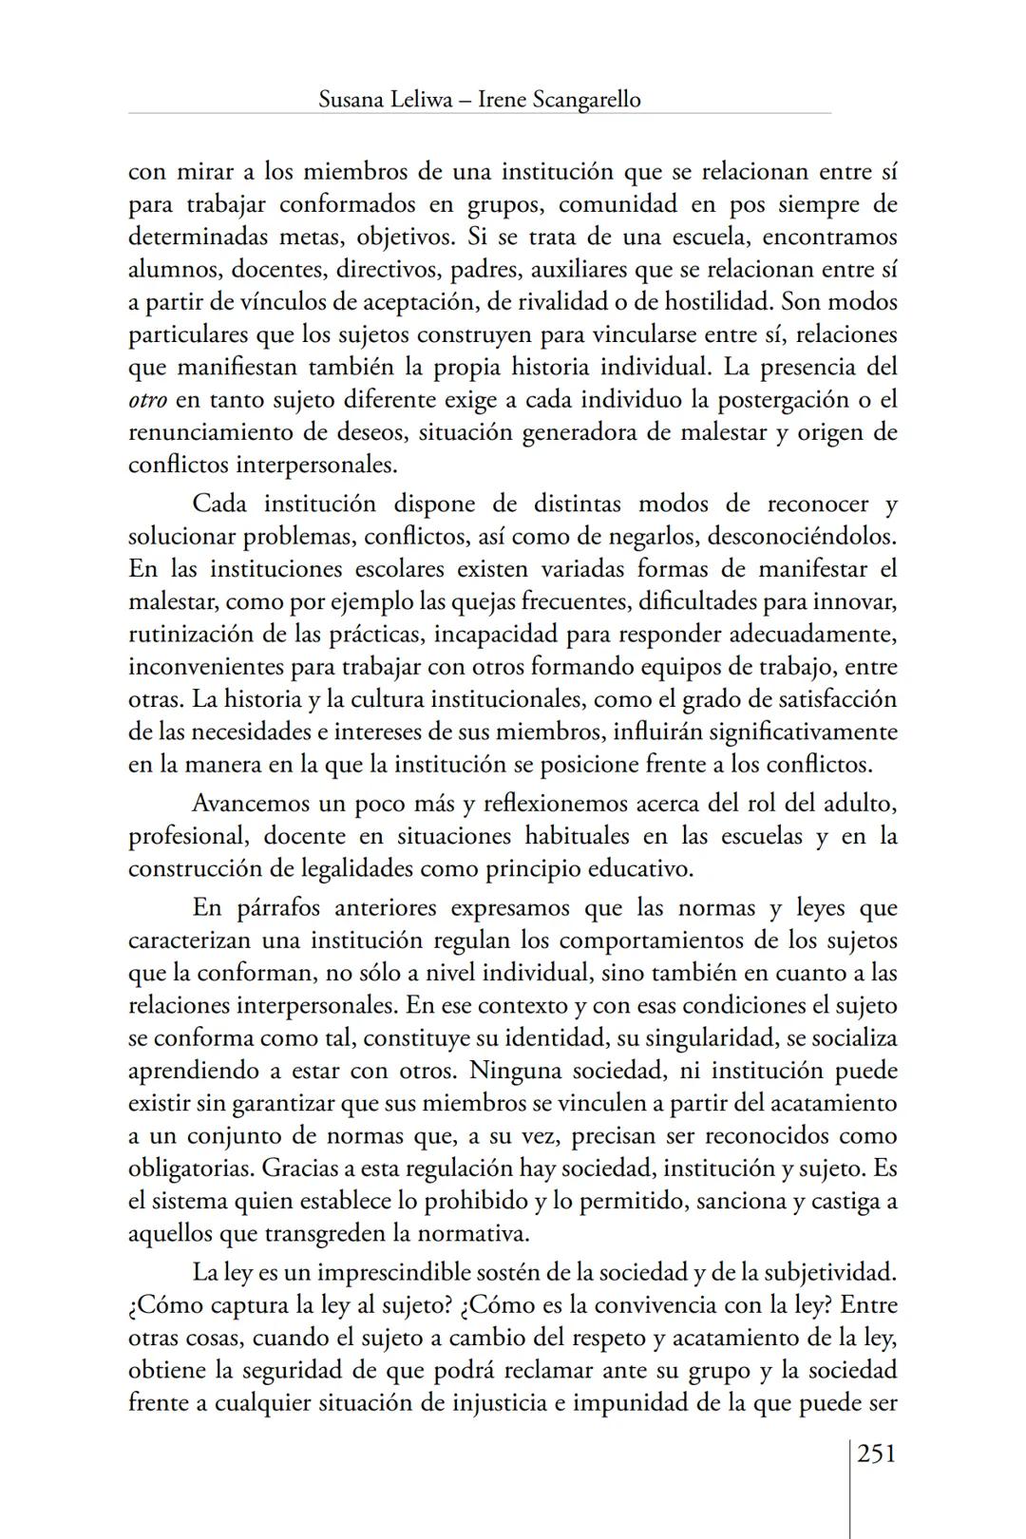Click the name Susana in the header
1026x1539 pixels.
pyautogui.click(x=351, y=100)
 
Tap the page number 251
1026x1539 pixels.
pyautogui.click(x=877, y=1453)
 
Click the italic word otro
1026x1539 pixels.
pyautogui.click(x=147, y=400)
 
